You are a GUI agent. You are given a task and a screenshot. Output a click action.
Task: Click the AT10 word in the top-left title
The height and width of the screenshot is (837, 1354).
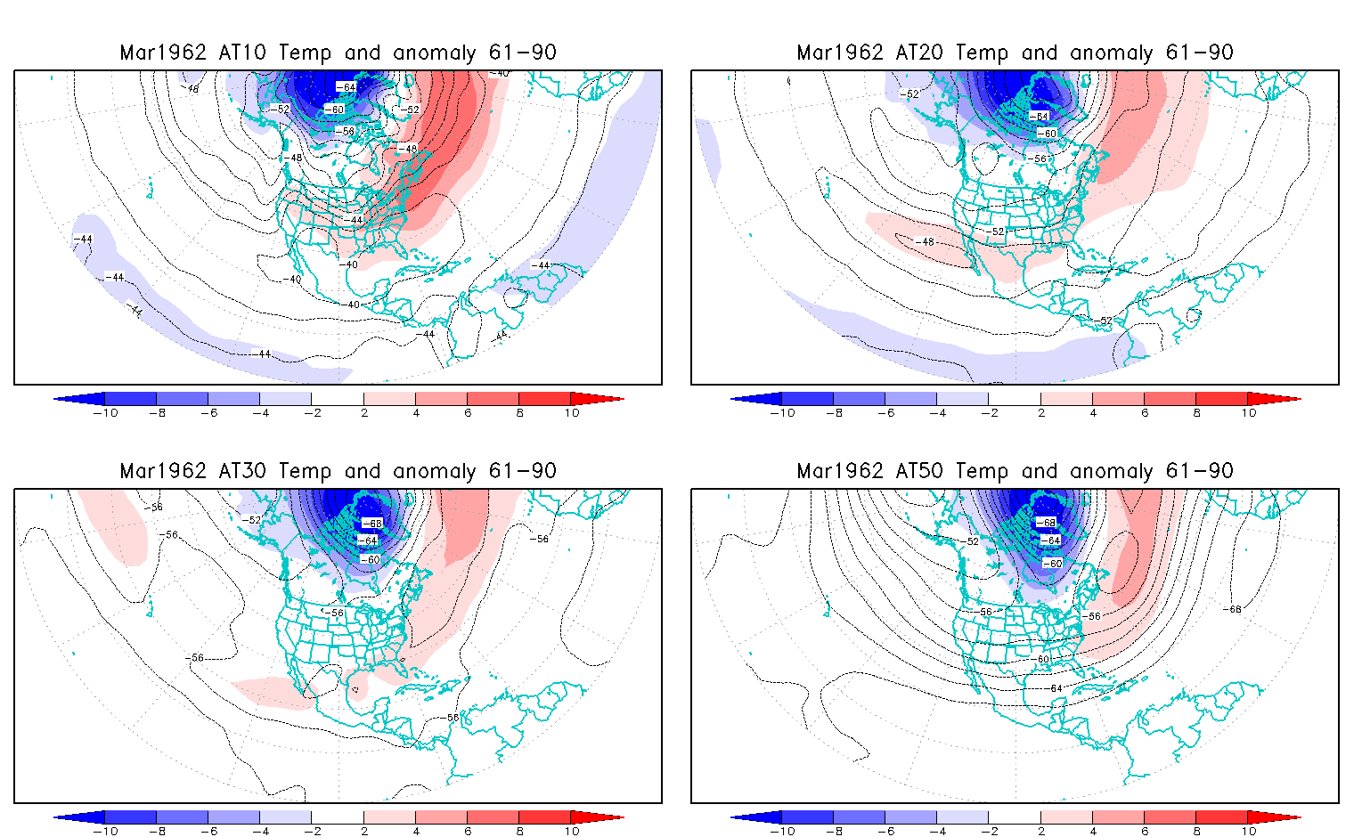pyautogui.click(x=242, y=53)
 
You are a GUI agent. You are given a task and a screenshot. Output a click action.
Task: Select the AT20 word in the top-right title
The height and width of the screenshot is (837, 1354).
pyautogui.click(x=919, y=53)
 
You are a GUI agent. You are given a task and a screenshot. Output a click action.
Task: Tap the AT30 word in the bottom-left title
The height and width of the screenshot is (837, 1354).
pyautogui.click(x=242, y=471)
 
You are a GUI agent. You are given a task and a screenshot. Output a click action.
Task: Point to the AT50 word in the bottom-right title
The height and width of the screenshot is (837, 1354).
pyautogui.click(x=919, y=471)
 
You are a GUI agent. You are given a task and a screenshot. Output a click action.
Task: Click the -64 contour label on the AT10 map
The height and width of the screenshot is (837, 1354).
pyautogui.click(x=346, y=86)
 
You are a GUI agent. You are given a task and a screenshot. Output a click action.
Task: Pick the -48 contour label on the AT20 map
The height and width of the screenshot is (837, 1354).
pyautogui.click(x=927, y=241)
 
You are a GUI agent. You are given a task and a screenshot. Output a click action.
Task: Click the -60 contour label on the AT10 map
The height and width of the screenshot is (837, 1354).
pyautogui.click(x=333, y=110)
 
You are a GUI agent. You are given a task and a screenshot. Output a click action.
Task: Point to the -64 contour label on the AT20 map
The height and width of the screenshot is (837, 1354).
pyautogui.click(x=1039, y=117)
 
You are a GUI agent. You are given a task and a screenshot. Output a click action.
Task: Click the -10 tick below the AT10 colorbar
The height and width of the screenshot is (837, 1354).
pyautogui.click(x=105, y=412)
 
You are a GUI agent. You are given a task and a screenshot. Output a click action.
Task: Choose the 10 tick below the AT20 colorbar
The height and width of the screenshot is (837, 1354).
pyautogui.click(x=1249, y=412)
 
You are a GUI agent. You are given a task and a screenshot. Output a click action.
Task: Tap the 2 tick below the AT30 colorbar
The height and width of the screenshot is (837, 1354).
pyautogui.click(x=364, y=831)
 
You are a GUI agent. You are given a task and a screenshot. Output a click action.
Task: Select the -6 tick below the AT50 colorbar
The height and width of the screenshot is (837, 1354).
pyautogui.click(x=885, y=831)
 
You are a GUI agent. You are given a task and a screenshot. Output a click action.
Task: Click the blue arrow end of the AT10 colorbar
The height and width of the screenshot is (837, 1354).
pyautogui.click(x=76, y=399)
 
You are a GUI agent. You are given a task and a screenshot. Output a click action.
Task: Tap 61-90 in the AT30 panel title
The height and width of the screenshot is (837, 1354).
pyautogui.click(x=522, y=471)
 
